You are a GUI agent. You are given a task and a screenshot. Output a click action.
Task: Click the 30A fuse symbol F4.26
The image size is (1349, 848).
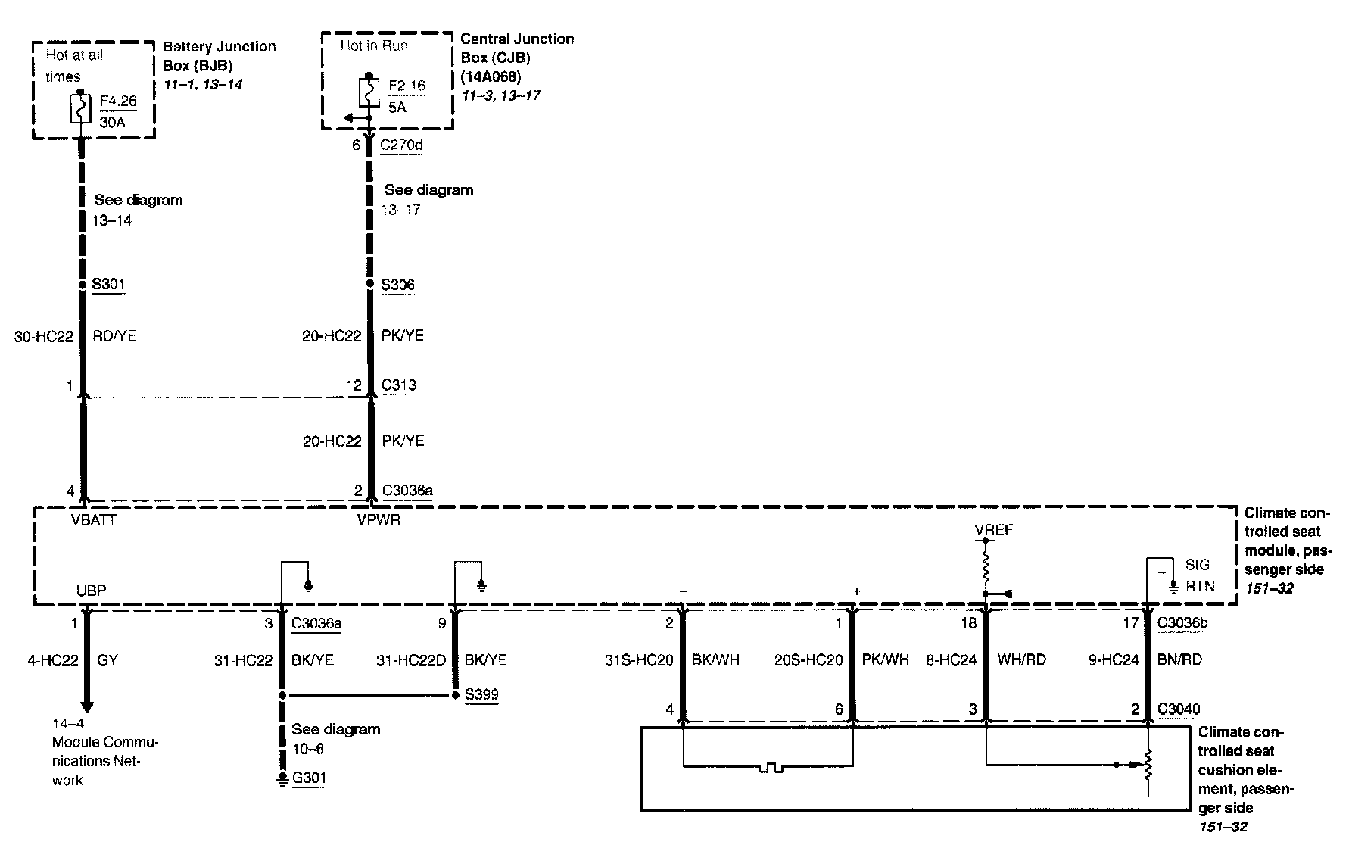pos(81,108)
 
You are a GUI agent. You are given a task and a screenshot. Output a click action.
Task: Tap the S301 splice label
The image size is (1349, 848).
pos(108,285)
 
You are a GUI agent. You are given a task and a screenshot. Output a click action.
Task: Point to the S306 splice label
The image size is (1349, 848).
pos(397,285)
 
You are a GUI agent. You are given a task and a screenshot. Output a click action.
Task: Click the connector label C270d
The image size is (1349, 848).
pos(401,145)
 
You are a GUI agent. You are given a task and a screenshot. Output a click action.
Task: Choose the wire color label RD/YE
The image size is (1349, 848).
pos(114,335)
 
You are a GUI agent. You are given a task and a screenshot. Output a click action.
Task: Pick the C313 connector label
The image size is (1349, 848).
pos(398,385)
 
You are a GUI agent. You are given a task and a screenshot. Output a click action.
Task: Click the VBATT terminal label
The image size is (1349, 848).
pos(93,520)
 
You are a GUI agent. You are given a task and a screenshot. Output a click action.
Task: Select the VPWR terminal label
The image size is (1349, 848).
pos(379,520)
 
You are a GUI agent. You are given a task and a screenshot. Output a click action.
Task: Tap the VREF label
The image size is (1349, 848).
pos(993,530)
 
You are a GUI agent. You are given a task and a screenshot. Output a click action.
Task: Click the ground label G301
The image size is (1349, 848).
pos(309,778)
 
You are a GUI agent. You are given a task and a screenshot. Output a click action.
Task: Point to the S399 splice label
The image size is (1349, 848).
pos(481,694)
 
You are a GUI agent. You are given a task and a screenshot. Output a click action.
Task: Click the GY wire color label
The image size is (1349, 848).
pos(107,660)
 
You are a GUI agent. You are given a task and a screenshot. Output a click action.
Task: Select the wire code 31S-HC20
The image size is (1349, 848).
pos(639,660)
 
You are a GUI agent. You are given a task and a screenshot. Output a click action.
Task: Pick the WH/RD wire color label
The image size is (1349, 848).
pos(1021,660)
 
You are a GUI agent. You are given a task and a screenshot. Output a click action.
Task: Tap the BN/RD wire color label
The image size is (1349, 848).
pos(1179,660)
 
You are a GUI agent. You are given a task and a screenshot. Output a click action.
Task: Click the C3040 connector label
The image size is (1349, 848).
pos(1179,709)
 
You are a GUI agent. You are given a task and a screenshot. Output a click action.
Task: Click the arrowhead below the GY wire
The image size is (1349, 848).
pos(86,707)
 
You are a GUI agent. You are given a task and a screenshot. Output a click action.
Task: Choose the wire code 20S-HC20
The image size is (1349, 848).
pos(808,660)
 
